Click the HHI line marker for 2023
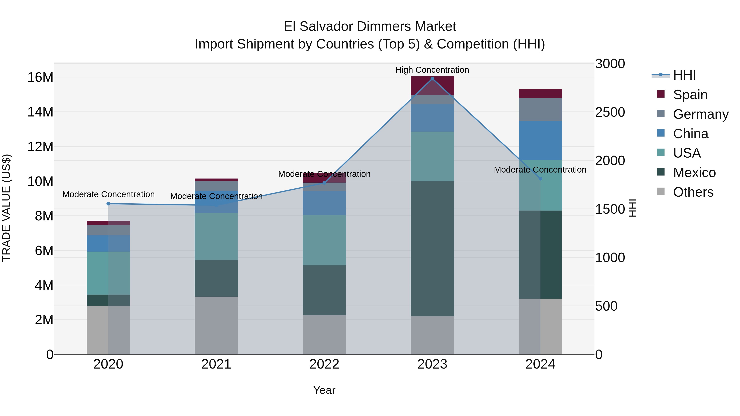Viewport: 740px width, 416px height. [x=432, y=79]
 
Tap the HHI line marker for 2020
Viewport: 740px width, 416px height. [x=108, y=204]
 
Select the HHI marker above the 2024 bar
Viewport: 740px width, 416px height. [x=540, y=179]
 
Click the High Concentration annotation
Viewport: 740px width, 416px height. [x=432, y=70]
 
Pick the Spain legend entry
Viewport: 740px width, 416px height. [x=690, y=95]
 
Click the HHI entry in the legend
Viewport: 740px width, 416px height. [x=684, y=75]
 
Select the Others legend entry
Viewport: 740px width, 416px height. [x=693, y=192]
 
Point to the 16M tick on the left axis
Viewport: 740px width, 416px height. [x=40, y=77]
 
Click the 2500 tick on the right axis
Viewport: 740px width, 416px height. [x=610, y=112]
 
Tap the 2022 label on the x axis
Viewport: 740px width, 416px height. [x=324, y=364]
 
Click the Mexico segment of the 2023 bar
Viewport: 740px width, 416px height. [x=432, y=248]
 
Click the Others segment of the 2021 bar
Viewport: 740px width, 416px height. [x=216, y=325]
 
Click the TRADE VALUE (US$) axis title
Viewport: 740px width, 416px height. [x=6, y=208]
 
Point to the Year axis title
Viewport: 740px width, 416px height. [x=324, y=390]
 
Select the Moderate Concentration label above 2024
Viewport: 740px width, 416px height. [x=540, y=170]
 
